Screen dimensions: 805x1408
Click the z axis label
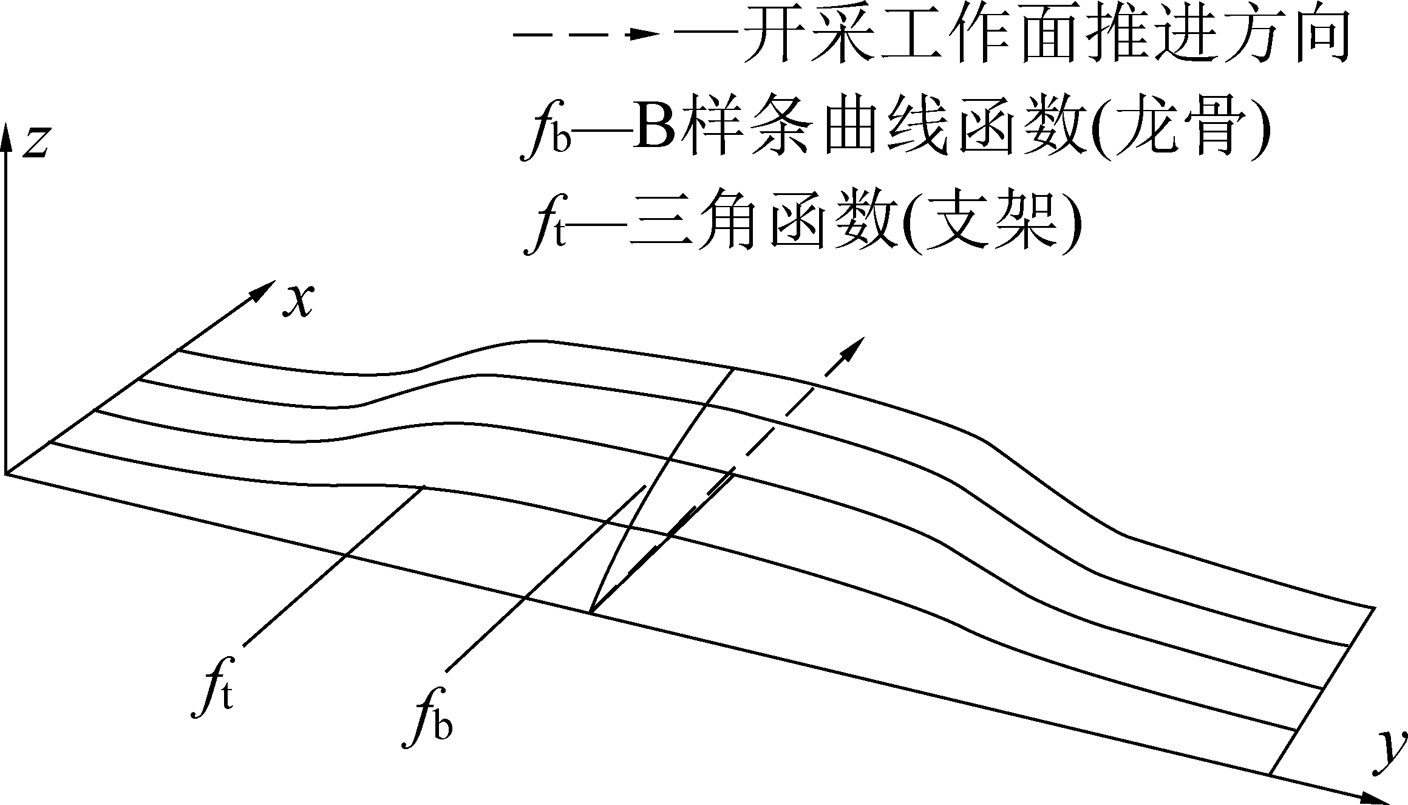pos(35,143)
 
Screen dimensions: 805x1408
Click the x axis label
pos(298,301)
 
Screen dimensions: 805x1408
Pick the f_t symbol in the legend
pos(544,234)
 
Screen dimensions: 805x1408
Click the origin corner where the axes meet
pos(6,473)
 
